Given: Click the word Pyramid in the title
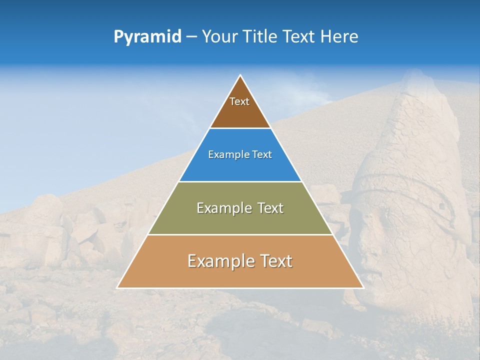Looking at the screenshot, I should pyautogui.click(x=147, y=37).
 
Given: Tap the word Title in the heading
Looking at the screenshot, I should pyautogui.click(x=263, y=37).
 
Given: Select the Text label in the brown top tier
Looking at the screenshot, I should pyautogui.click(x=239, y=101).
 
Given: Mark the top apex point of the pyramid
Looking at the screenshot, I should pyautogui.click(x=240, y=75).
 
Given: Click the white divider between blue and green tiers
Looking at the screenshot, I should pyautogui.click(x=240, y=181).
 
